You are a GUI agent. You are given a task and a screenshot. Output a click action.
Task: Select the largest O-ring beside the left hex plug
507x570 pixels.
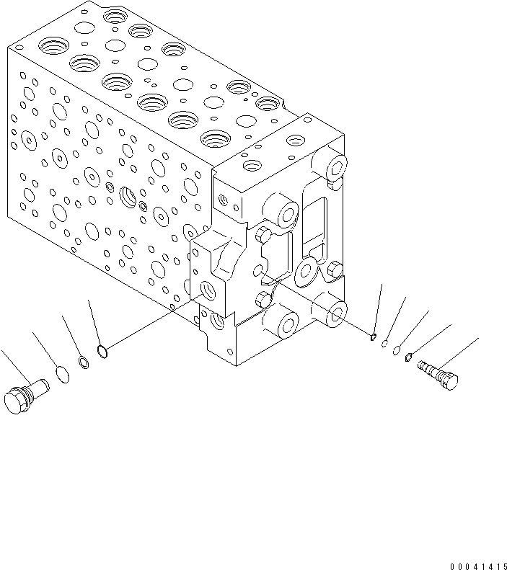pyautogui.click(x=63, y=375)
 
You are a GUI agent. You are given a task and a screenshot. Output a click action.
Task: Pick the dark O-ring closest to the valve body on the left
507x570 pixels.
pyautogui.click(x=103, y=352)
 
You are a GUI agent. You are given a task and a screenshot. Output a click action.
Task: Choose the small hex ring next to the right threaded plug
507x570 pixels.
pyautogui.click(x=409, y=355)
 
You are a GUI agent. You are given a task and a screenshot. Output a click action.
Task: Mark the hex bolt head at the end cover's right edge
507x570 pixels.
pyautogui.click(x=333, y=270)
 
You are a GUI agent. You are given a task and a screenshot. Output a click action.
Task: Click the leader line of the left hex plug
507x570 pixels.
pyautogui.click(x=14, y=366)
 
